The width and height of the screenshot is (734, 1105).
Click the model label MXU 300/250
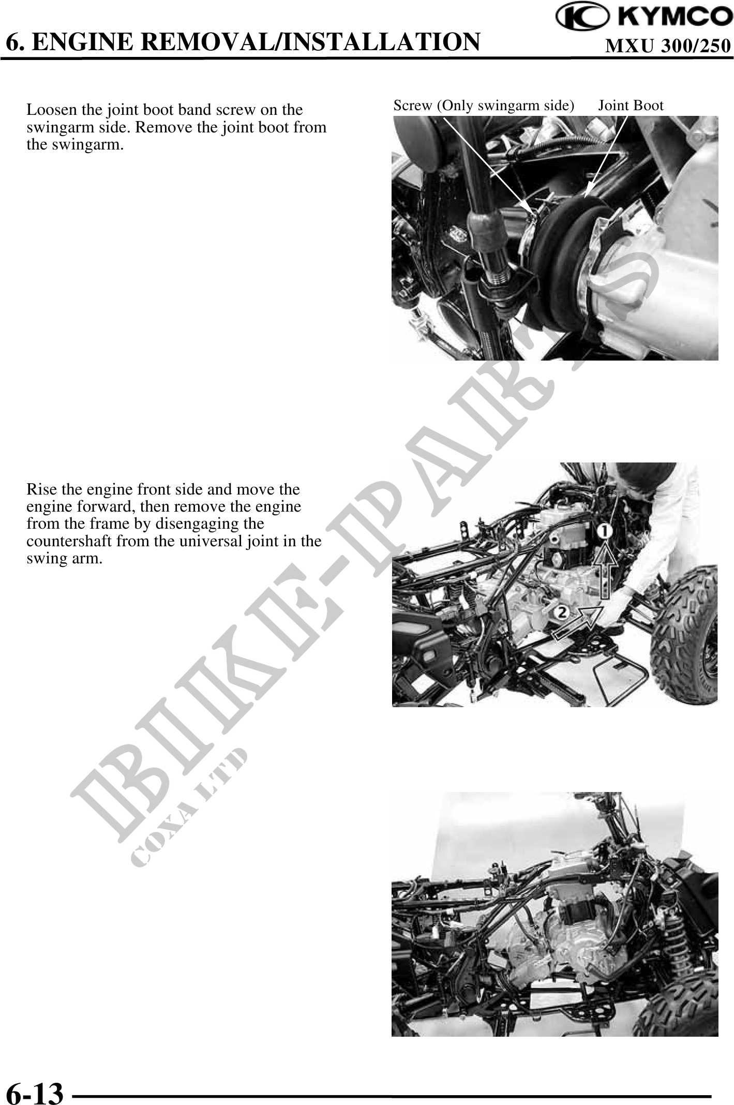668,47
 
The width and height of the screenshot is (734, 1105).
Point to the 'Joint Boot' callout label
631,106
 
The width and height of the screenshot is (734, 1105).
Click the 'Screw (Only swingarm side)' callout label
484,106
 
